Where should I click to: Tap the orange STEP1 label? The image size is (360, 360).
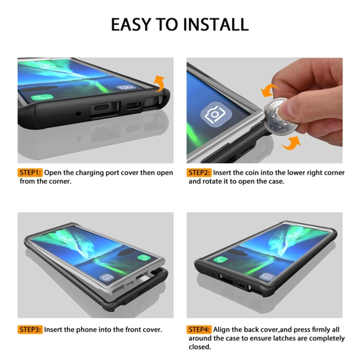tap(31, 172)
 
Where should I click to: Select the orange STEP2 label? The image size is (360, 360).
tap(200, 172)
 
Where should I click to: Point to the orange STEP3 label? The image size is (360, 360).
tap(31, 330)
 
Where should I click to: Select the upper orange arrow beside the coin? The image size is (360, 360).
tap(269, 91)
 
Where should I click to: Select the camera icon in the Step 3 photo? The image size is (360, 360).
tap(106, 277)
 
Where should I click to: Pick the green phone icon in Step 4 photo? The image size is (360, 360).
tap(221, 260)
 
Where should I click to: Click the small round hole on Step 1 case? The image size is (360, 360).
tap(78, 114)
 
